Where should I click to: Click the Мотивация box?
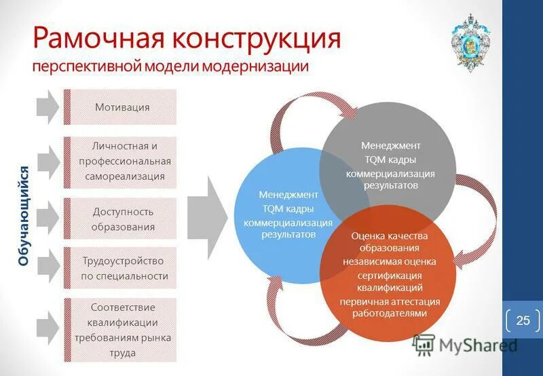(x=122, y=107)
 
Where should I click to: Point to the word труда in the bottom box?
(x=124, y=353)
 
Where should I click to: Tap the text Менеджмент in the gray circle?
(x=390, y=145)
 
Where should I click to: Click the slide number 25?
(x=523, y=320)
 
